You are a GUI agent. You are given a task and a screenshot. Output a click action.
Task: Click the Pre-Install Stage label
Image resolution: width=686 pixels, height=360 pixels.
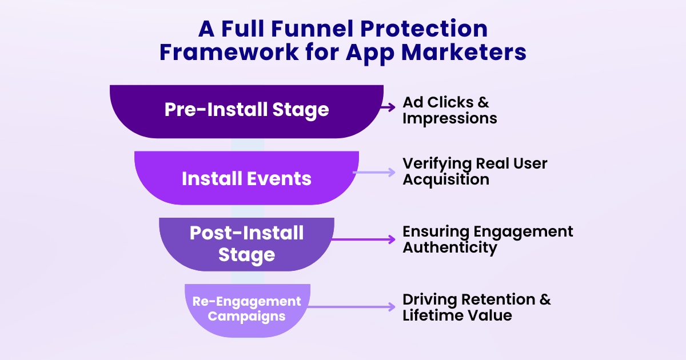246,109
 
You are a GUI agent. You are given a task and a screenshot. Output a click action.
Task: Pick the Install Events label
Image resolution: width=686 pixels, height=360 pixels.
246,178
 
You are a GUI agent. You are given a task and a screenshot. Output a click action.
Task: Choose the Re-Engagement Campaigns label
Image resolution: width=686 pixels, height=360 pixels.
246,308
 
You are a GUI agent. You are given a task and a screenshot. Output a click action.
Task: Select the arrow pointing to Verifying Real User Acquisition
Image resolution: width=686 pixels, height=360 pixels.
374,172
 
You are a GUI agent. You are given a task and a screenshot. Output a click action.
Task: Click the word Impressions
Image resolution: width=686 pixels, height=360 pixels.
449,118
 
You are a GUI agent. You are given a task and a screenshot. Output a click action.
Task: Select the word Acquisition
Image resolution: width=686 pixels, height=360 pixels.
445,179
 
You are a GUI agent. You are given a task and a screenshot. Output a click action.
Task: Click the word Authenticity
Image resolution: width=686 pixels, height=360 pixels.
449,248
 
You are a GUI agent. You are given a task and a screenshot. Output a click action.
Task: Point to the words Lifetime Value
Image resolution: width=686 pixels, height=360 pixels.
457,315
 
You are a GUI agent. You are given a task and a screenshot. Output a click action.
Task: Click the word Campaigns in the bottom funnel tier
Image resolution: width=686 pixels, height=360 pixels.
246,316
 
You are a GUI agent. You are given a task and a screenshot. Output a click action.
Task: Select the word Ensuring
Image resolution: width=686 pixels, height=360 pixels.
436,231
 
